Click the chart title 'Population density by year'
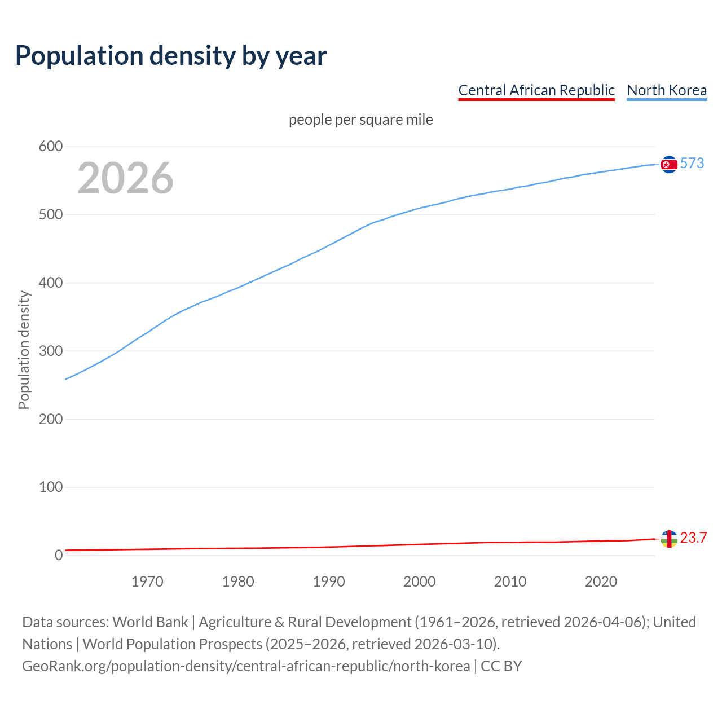[171, 56]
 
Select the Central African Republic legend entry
[536, 90]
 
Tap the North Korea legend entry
[667, 90]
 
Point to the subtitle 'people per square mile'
[361, 120]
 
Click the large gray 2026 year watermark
[125, 178]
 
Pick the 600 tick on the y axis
[51, 147]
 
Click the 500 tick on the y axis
[51, 215]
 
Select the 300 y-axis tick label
[51, 351]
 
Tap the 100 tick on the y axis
[51, 487]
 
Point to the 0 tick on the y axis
[59, 555]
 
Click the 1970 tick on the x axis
[147, 582]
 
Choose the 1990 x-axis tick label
[329, 582]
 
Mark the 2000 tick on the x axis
[420, 582]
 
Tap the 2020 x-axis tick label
[601, 582]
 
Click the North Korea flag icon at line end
[669, 164]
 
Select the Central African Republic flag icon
[669, 539]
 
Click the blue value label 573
[692, 163]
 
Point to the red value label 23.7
[693, 538]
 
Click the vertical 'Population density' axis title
[24, 350]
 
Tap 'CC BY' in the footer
[501, 666]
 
